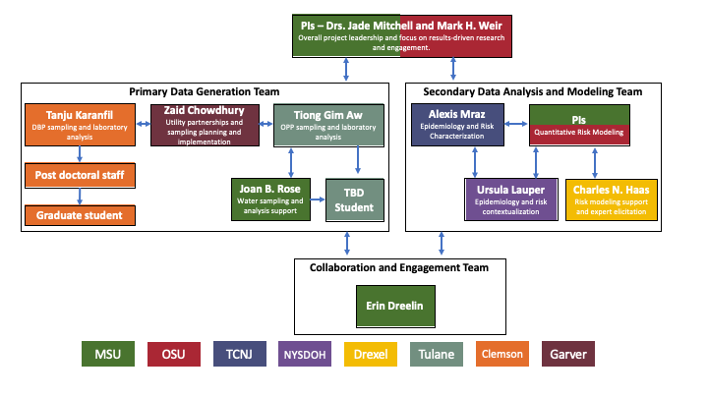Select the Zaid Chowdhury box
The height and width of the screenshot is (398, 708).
click(204, 126)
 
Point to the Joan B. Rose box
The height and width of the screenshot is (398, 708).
click(270, 198)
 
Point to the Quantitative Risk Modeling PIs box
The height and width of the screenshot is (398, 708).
click(578, 124)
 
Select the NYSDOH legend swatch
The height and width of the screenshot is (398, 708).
click(304, 354)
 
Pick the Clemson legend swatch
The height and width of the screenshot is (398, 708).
click(501, 354)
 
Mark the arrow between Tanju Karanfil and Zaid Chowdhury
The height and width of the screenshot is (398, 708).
click(144, 124)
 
